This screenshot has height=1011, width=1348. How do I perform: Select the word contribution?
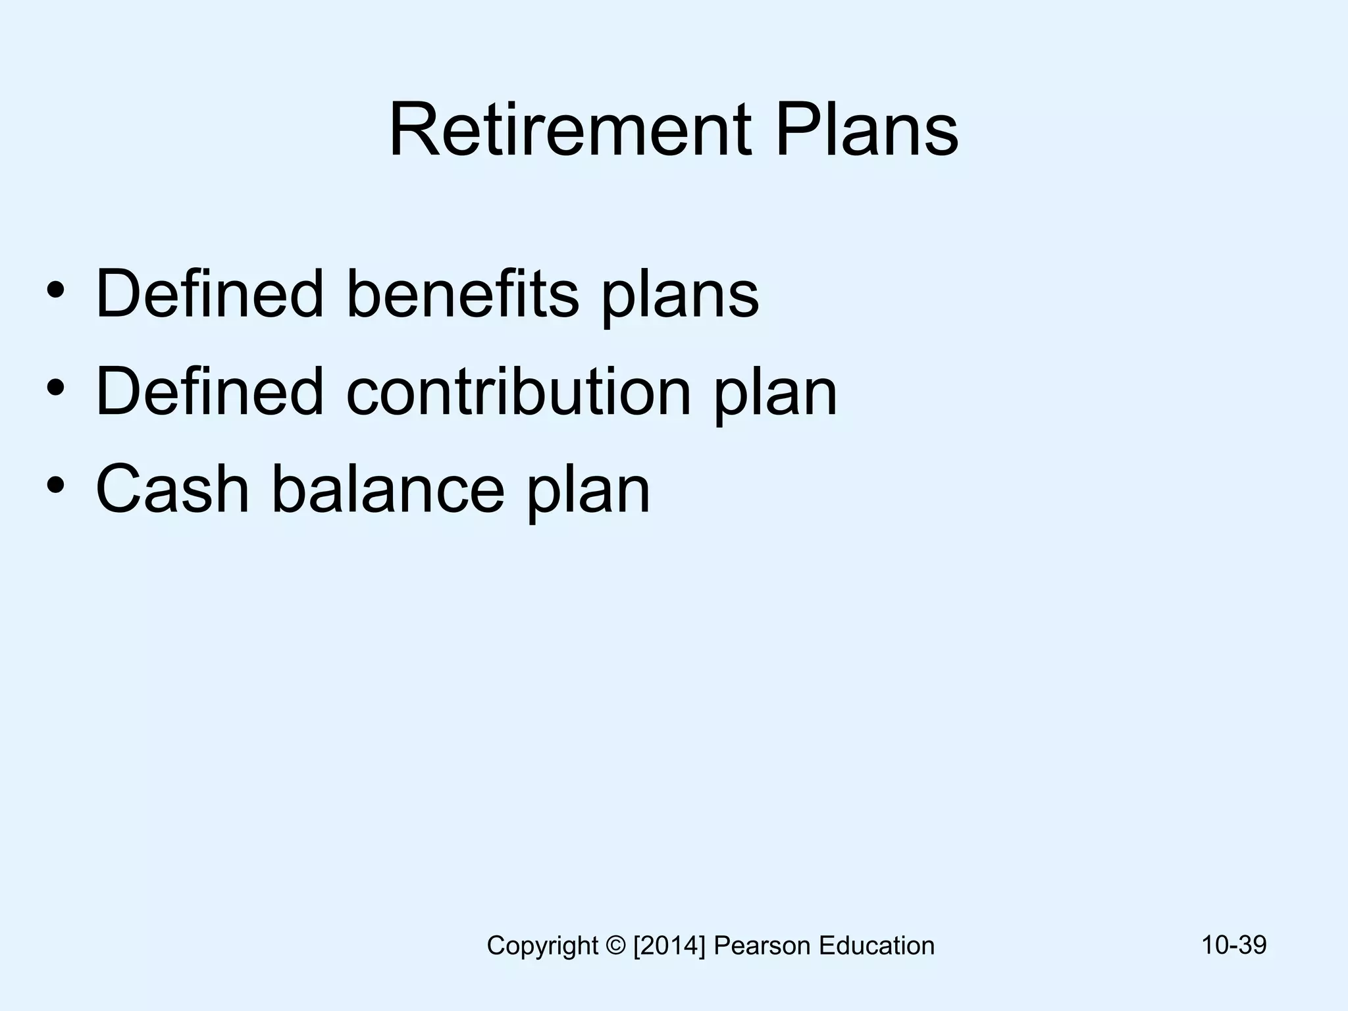[519, 392]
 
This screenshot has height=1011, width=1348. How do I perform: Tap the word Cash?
[172, 489]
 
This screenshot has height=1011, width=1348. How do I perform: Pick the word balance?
[388, 489]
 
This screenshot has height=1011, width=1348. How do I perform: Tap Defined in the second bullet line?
[210, 392]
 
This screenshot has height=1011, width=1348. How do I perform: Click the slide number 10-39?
[1233, 945]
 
